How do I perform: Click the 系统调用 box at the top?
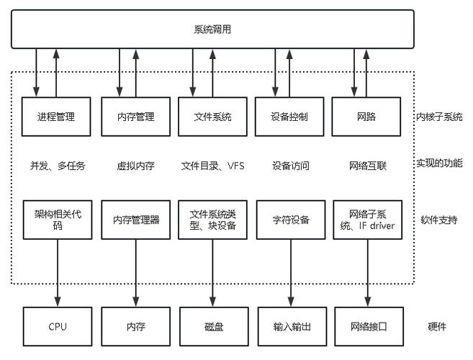[212, 30]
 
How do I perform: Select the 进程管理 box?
[57, 117]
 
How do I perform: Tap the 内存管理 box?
[135, 117]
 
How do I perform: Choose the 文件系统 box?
[213, 117]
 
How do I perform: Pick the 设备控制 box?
[290, 117]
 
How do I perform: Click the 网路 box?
[367, 117]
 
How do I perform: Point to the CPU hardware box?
[58, 326]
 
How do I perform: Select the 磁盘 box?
[213, 326]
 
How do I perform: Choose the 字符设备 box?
[291, 220]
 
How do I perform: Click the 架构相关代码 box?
[58, 220]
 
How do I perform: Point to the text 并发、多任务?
[58, 166]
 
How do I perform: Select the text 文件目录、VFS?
[213, 166]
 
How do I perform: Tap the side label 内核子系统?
[438, 117]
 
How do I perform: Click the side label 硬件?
[437, 326]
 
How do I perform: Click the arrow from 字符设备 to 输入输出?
[291, 274]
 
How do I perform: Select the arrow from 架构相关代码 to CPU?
[58, 274]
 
